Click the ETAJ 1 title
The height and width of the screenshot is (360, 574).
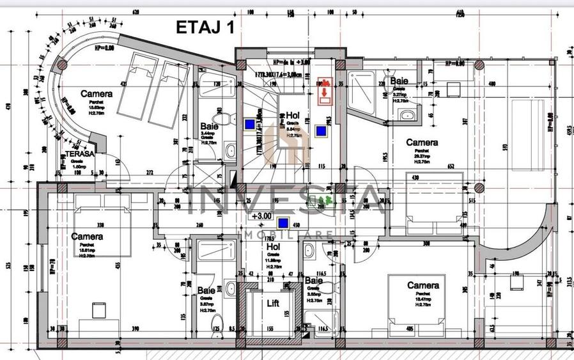[205, 27]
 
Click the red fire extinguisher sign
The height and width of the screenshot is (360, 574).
[325, 89]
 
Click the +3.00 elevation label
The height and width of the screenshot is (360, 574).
[262, 216]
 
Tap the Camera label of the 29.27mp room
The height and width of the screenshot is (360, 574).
[422, 142]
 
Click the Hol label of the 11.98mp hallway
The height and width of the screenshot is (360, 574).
[274, 246]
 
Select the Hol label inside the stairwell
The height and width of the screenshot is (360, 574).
[293, 114]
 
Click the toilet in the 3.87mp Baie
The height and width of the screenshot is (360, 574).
[217, 320]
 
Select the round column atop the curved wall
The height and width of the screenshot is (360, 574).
[62, 65]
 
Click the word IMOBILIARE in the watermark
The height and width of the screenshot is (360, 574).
[285, 235]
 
